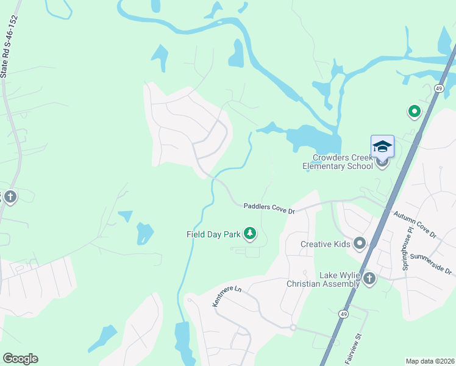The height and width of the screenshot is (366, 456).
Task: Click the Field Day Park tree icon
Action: [249, 233]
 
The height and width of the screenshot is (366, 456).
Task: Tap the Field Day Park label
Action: [213, 234]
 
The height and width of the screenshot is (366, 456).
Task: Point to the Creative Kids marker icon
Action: [360, 244]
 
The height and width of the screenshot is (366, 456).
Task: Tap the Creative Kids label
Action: [326, 244]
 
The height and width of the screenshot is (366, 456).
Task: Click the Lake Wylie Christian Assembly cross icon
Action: [369, 279]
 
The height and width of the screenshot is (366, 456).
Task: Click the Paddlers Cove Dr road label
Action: [269, 209]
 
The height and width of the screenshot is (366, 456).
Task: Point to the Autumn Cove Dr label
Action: [415, 224]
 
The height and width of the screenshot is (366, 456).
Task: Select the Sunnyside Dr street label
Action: [430, 264]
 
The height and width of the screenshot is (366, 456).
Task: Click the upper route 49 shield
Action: [438, 88]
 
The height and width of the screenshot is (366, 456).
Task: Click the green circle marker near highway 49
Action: [414, 111]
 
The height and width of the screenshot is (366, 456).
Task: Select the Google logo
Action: [20, 358]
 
